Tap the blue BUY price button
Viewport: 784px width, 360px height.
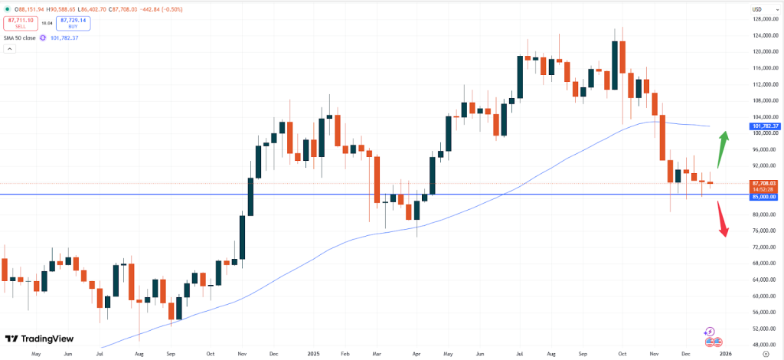(73, 24)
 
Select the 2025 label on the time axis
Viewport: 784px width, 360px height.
(312, 355)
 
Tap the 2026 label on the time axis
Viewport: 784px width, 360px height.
(725, 355)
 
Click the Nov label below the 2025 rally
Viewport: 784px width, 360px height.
(241, 355)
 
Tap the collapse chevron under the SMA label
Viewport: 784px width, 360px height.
(10, 49)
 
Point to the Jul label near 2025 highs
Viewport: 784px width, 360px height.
(521, 355)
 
